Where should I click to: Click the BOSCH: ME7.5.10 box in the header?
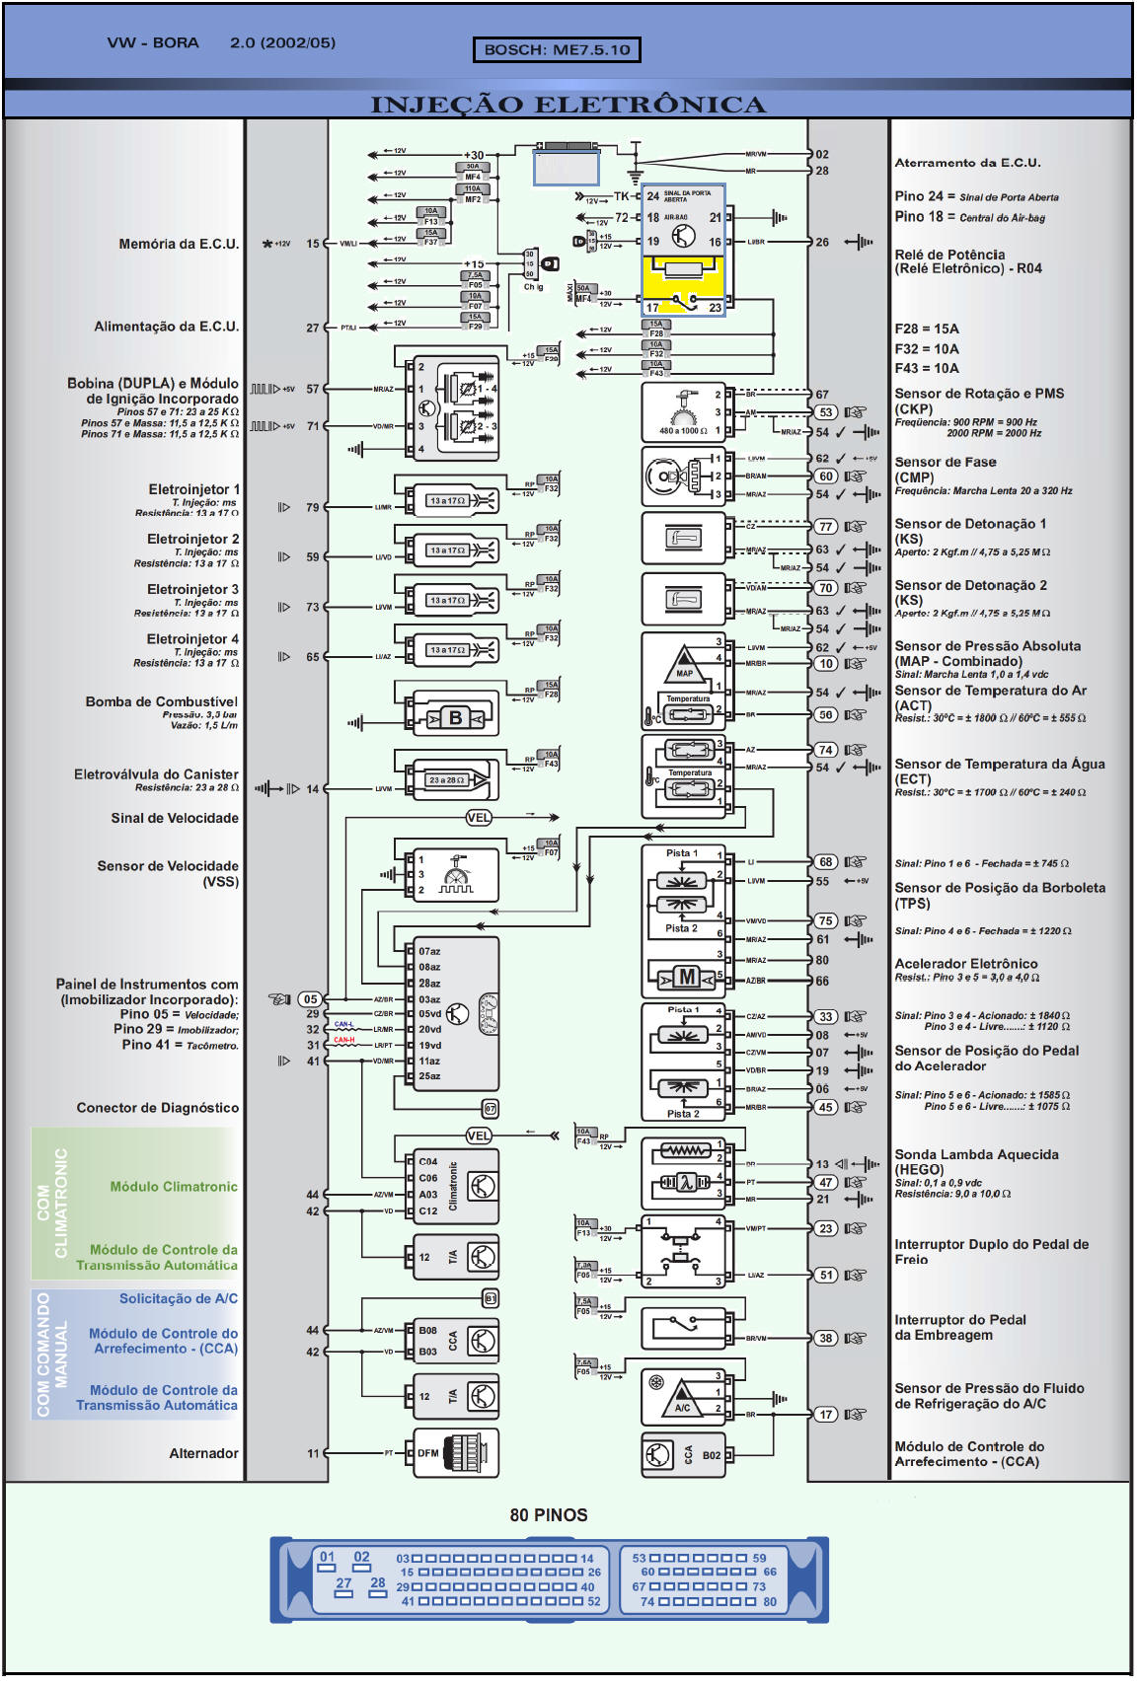[x=557, y=49]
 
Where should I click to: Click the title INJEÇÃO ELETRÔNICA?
[x=568, y=105]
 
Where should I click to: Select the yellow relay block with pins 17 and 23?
[x=683, y=285]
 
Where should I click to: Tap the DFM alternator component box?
[x=455, y=1452]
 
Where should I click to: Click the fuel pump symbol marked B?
[x=455, y=717]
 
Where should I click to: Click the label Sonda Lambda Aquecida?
[x=976, y=1154]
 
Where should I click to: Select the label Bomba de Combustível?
[x=161, y=701]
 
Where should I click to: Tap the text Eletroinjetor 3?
[x=192, y=589]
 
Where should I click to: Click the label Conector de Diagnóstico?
[x=157, y=1108]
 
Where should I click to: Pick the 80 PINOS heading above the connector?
[x=548, y=1515]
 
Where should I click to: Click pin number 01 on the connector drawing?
[x=328, y=1557]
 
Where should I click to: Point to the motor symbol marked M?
[x=687, y=978]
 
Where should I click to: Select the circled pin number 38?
[x=825, y=1338]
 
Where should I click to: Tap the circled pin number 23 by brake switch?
[x=825, y=1228]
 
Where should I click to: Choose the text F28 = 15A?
[x=926, y=329]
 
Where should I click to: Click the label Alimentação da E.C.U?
[x=166, y=327]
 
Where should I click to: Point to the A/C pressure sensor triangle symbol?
[x=682, y=1397]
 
